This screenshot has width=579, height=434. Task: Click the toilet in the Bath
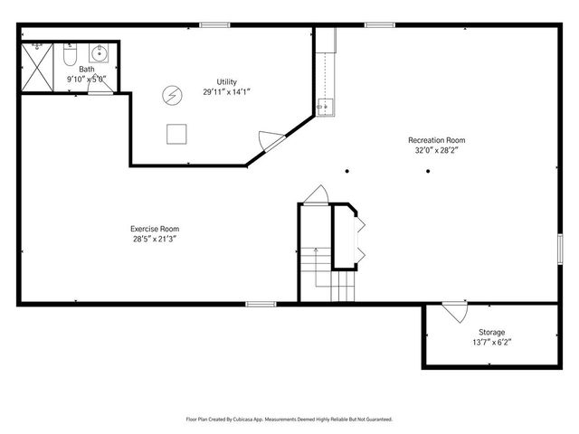click(70, 54)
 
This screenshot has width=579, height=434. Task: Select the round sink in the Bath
click(99, 53)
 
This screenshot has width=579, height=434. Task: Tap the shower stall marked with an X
click(37, 67)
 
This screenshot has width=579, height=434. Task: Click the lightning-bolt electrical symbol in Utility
click(172, 95)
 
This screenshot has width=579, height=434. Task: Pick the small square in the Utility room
click(176, 134)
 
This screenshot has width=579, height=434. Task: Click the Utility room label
click(226, 82)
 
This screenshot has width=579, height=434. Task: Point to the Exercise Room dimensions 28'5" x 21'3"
click(155, 239)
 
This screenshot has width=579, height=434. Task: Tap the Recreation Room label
click(436, 140)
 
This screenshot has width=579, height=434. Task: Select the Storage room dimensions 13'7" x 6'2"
click(491, 342)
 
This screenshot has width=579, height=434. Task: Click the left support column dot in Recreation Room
click(347, 171)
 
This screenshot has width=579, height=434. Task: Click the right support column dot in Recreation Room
click(428, 171)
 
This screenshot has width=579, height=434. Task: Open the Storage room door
click(455, 312)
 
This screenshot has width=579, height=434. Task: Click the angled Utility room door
click(272, 141)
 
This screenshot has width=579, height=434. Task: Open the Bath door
click(100, 85)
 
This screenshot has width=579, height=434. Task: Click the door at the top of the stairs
click(316, 195)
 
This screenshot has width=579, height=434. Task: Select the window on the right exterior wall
click(560, 249)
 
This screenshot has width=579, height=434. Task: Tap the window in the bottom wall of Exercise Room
click(261, 304)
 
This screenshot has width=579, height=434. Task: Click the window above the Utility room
click(215, 25)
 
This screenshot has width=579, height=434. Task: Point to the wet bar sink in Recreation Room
click(326, 108)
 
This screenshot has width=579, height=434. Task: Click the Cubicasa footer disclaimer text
click(289, 420)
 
